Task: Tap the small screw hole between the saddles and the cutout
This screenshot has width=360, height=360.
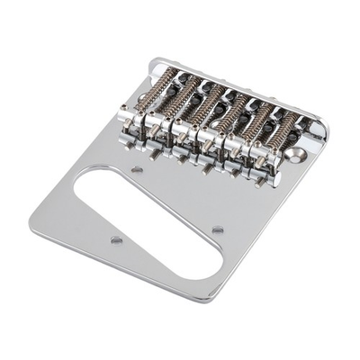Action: (137, 168)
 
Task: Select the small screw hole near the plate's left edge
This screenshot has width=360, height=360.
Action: (115, 239)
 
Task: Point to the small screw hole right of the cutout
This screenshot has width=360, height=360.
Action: (218, 230)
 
